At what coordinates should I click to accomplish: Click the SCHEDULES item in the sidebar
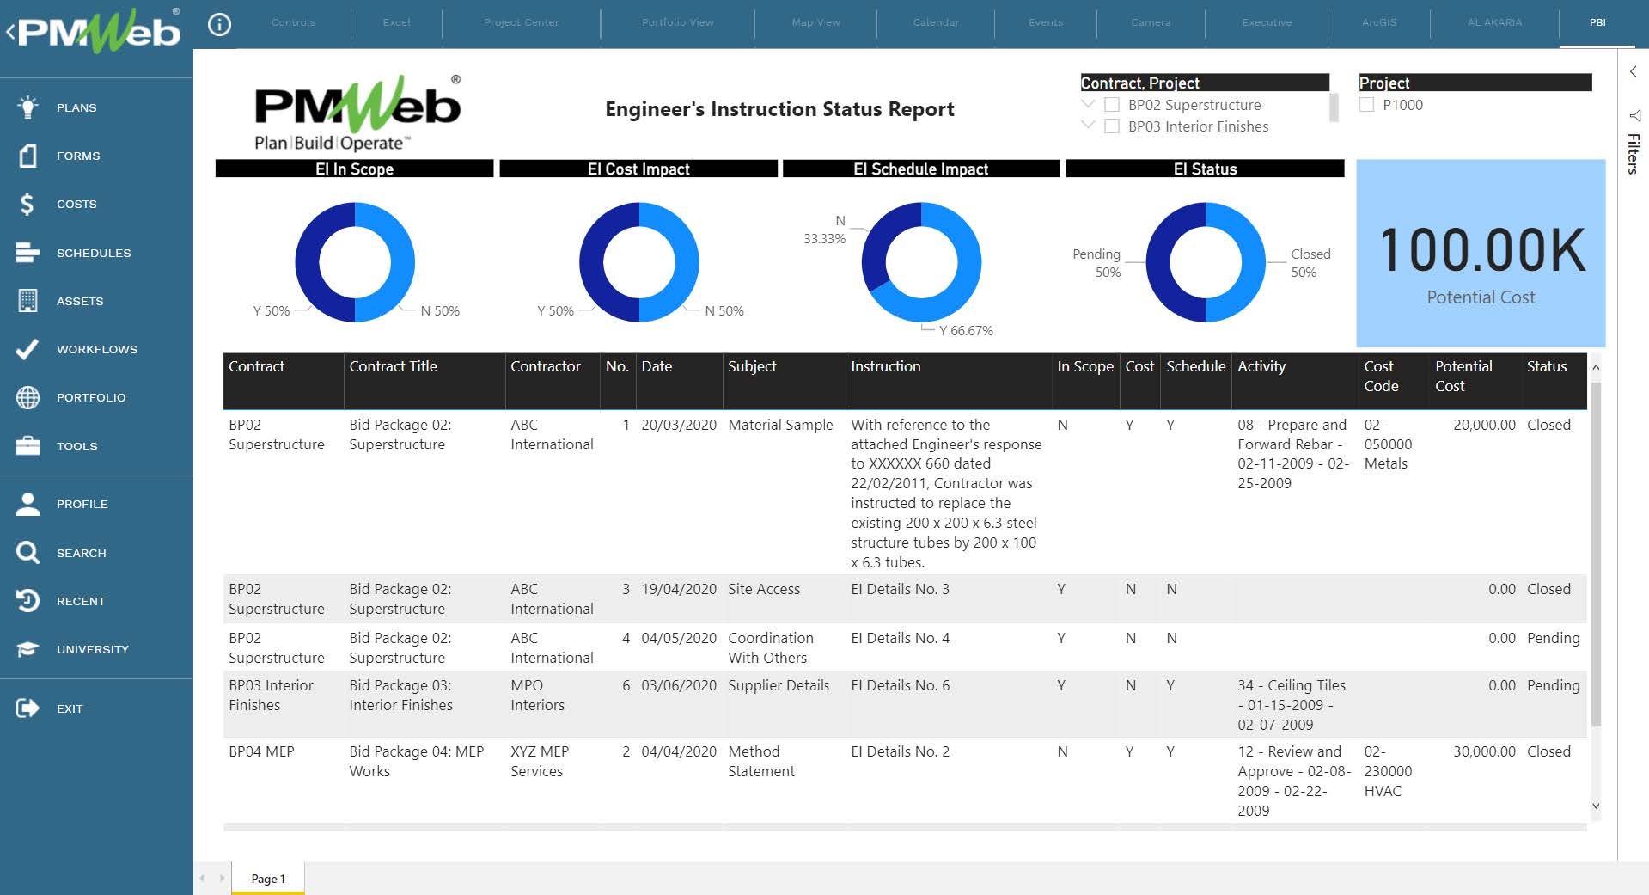pos(93,253)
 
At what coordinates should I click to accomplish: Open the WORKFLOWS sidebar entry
pos(96,349)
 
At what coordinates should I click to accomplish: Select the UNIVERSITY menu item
pos(92,649)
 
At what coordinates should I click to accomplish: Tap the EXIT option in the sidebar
pos(69,708)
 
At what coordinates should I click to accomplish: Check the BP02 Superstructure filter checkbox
pos(1112,105)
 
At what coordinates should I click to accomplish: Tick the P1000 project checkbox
pos(1367,105)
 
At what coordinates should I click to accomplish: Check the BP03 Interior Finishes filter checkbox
pos(1112,126)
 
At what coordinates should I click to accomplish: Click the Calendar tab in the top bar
pos(935,22)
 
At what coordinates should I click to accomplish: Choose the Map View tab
pos(815,22)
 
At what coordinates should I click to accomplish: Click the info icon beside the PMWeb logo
pos(219,25)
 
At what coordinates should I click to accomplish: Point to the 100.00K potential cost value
pos(1481,250)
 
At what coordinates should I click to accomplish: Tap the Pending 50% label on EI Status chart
pos(1096,263)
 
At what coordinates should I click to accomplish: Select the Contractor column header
pos(546,366)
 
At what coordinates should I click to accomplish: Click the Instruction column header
pos(885,366)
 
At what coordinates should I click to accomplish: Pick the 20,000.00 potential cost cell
pos(1484,425)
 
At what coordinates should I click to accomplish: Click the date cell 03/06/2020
pos(678,685)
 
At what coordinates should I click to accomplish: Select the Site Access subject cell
pos(763,589)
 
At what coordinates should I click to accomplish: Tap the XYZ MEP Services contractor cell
pos(539,761)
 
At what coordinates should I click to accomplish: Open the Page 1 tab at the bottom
pos(267,878)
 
